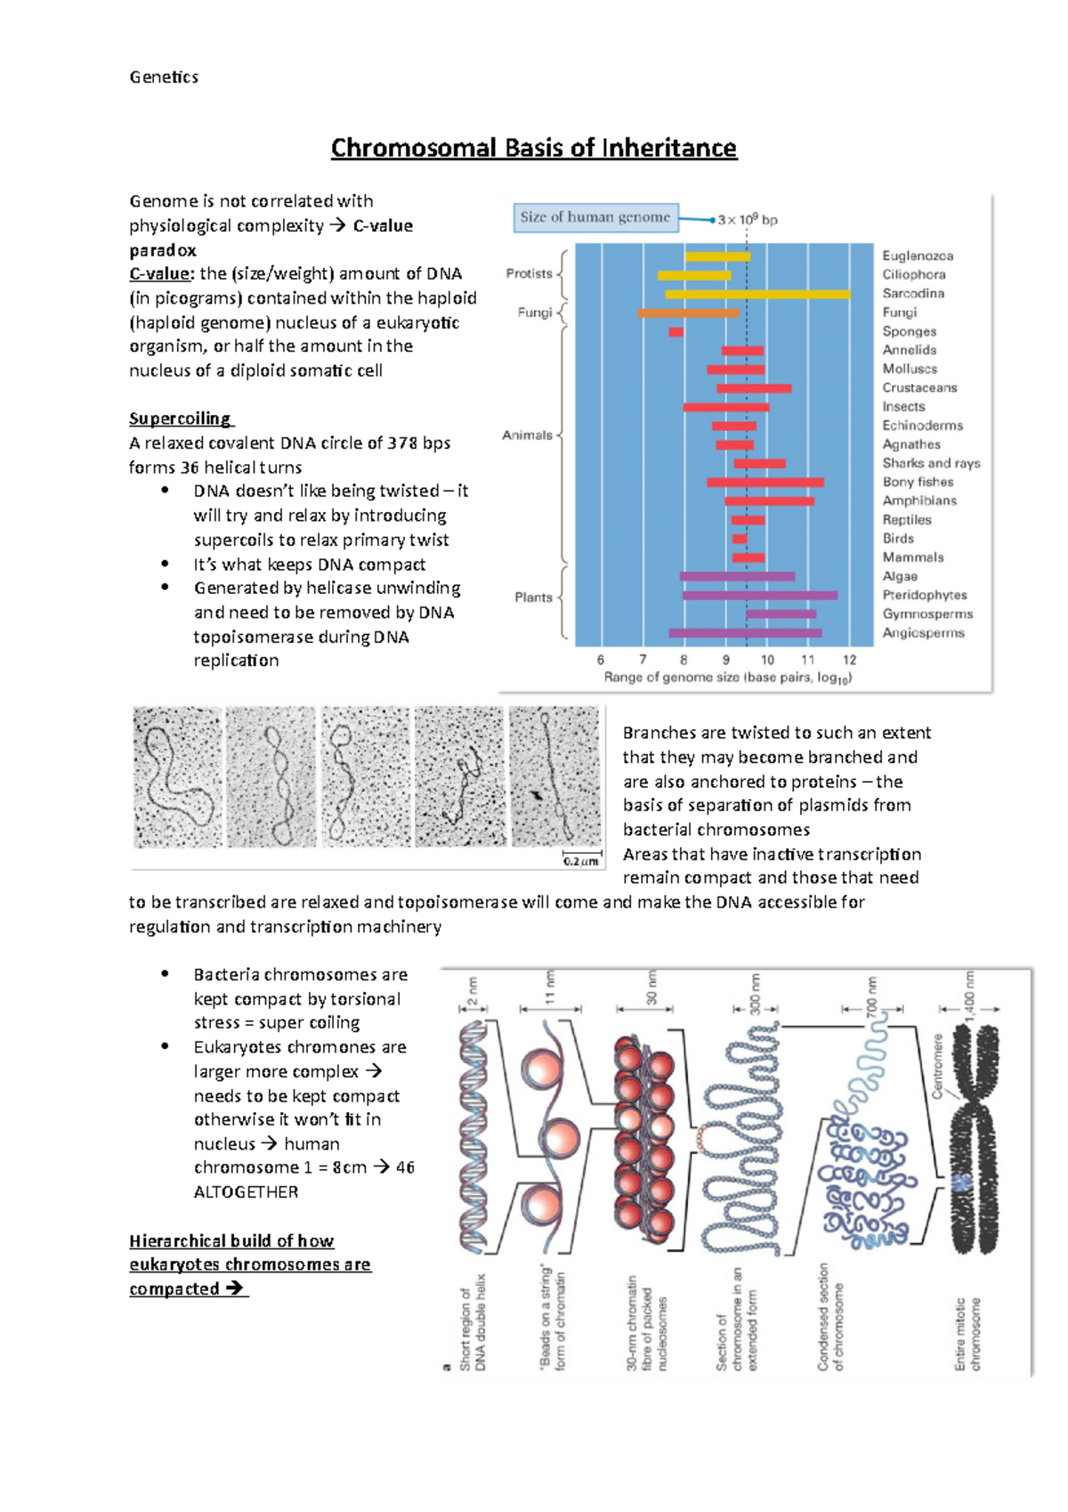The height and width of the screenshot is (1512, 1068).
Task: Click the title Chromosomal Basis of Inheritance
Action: pos(533,148)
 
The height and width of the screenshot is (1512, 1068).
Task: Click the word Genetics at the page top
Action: pos(164,77)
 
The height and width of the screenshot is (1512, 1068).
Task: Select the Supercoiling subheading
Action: pos(181,419)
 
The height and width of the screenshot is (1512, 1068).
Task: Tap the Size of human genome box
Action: pos(595,217)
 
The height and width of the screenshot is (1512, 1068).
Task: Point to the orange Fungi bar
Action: pos(688,313)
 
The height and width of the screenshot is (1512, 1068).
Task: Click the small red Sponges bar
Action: pos(676,332)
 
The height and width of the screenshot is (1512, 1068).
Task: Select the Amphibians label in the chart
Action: pos(919,500)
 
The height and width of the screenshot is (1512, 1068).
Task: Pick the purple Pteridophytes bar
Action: pos(759,595)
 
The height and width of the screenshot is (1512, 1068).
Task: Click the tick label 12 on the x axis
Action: pos(849,660)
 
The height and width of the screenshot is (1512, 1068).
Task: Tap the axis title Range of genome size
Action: pos(727,678)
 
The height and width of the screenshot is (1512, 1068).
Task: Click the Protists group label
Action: pos(529,273)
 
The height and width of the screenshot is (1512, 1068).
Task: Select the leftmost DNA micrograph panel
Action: pos(177,776)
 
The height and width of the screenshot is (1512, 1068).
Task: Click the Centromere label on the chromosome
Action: pos(937,1066)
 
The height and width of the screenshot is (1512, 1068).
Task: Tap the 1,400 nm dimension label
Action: pos(970,992)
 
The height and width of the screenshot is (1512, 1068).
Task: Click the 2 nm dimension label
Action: pos(473,989)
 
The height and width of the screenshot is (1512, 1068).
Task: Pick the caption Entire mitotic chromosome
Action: pos(967,1333)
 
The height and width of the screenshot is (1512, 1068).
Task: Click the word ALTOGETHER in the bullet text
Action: pos(246,1192)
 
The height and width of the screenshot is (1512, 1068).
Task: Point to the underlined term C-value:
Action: pos(161,274)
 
